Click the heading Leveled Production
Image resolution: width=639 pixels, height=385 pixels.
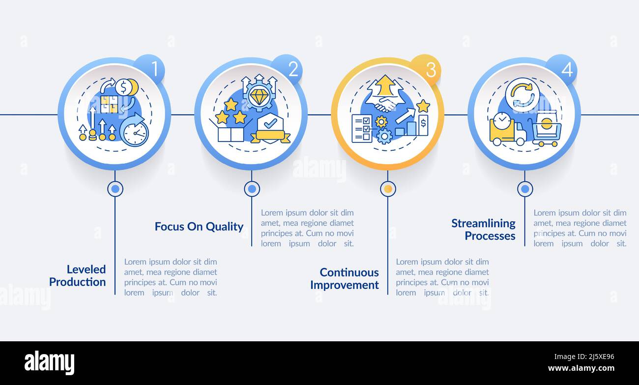tap(78, 275)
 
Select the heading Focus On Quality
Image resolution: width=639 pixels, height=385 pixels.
tap(199, 226)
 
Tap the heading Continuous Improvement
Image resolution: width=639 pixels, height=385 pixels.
tap(345, 278)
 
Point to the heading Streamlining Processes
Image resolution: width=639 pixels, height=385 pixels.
tap(484, 229)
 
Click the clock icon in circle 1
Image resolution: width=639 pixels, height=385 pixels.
tap(134, 132)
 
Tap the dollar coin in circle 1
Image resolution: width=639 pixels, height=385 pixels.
tap(123, 87)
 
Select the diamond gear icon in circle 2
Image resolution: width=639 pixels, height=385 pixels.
tap(259, 94)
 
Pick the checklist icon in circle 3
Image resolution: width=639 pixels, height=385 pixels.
tap(362, 129)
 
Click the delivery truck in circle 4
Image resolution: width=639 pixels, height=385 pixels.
tap(506, 130)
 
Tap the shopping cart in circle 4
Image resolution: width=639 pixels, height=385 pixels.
tap(546, 132)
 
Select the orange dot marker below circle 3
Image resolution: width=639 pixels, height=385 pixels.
tap(388, 189)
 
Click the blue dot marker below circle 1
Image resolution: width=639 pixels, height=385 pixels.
tap(115, 189)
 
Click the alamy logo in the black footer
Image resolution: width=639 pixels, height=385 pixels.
tap(50, 363)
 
